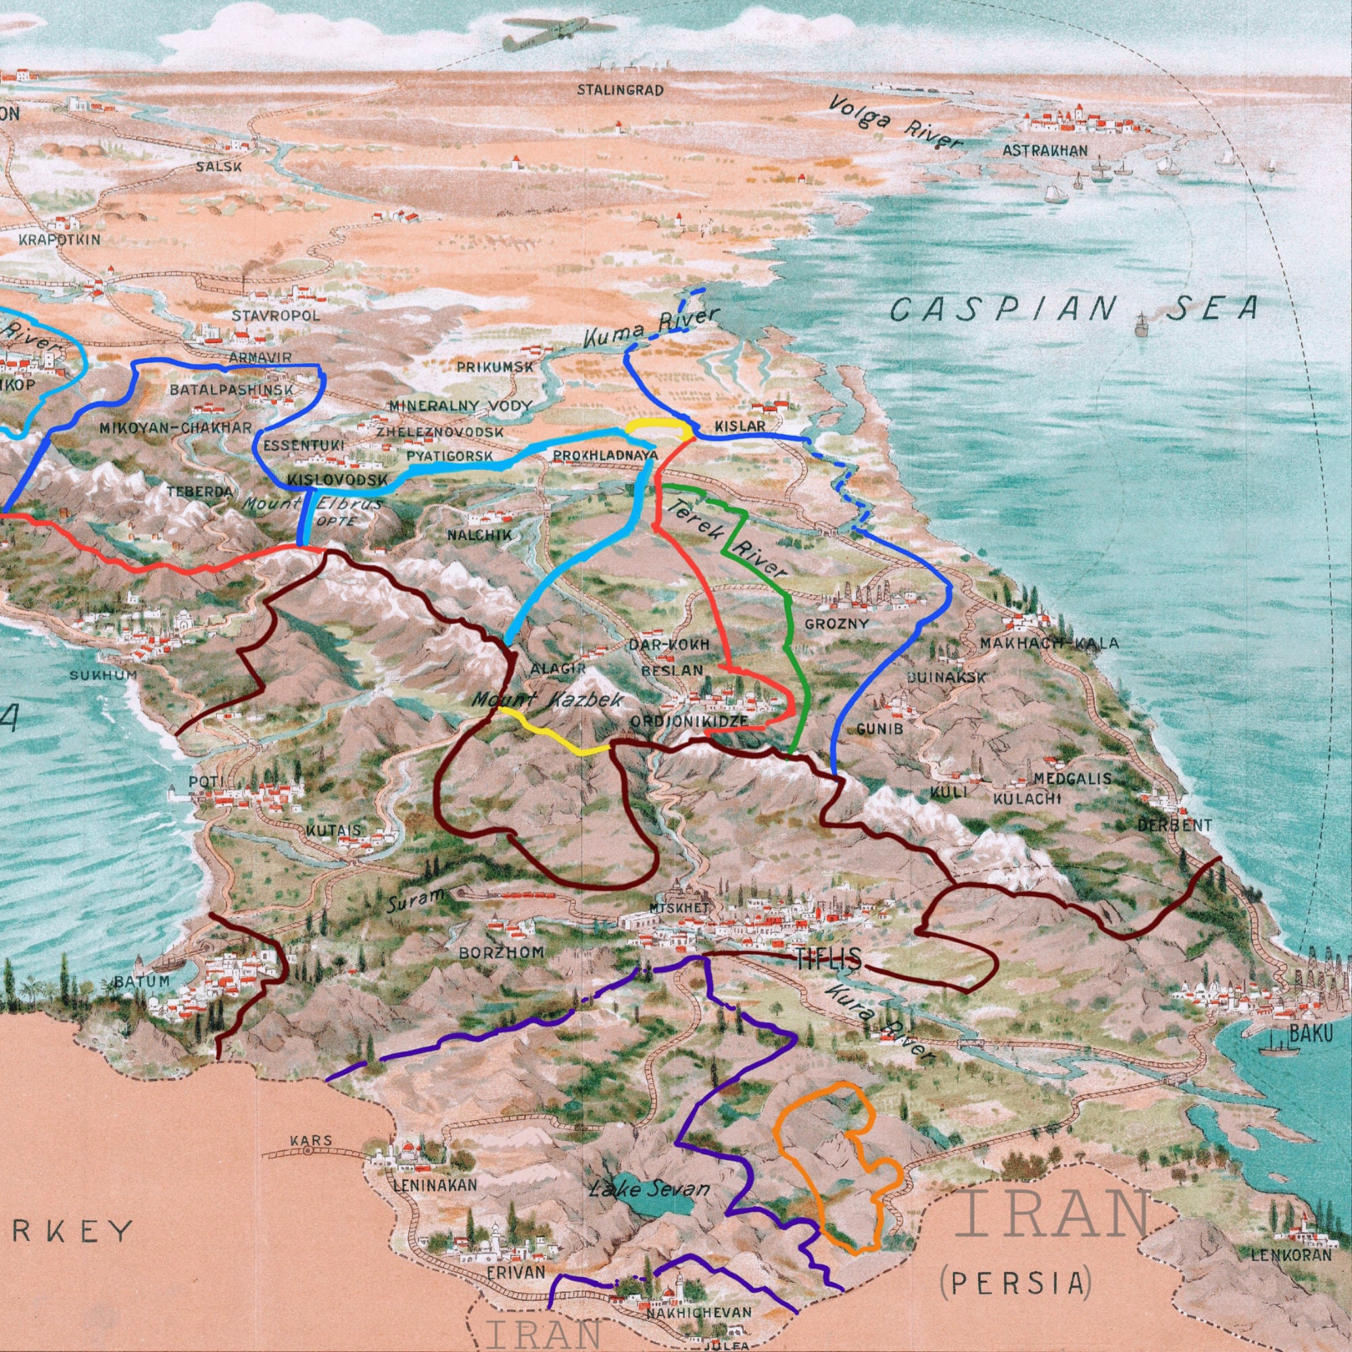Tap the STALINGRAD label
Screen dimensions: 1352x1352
point(620,91)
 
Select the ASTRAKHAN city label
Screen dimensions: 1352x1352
point(1045,151)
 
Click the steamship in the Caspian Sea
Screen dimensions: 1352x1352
point(1142,325)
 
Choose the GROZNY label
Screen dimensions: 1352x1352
point(836,623)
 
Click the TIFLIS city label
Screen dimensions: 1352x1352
point(828,960)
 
